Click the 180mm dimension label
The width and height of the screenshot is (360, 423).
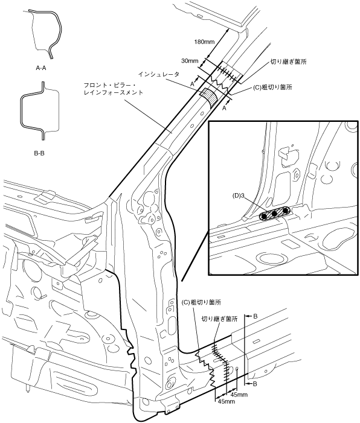tap(204, 42)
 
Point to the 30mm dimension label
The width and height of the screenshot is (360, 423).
tap(190, 61)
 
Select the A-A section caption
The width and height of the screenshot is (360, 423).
tap(41, 68)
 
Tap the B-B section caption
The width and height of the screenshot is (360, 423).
tap(39, 153)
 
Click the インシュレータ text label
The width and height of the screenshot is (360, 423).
tap(158, 74)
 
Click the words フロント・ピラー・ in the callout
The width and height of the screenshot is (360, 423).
tap(110, 86)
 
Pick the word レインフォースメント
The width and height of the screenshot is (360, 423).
tap(114, 93)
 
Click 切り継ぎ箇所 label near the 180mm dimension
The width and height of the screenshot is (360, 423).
tap(289, 62)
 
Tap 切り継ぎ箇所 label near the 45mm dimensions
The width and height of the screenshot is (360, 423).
tap(220, 319)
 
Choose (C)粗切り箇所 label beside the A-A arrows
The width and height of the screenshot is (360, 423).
tap(272, 87)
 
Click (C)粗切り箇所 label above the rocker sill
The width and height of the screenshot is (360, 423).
tap(202, 302)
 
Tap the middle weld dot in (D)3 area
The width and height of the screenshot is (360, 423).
tap(274, 213)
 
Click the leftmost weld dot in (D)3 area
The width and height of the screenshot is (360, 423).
tap(265, 216)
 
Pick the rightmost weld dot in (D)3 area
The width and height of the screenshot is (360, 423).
tap(285, 211)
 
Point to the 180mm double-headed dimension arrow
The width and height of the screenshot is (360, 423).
tap(217, 43)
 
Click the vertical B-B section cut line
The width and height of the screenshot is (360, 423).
tap(245, 349)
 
